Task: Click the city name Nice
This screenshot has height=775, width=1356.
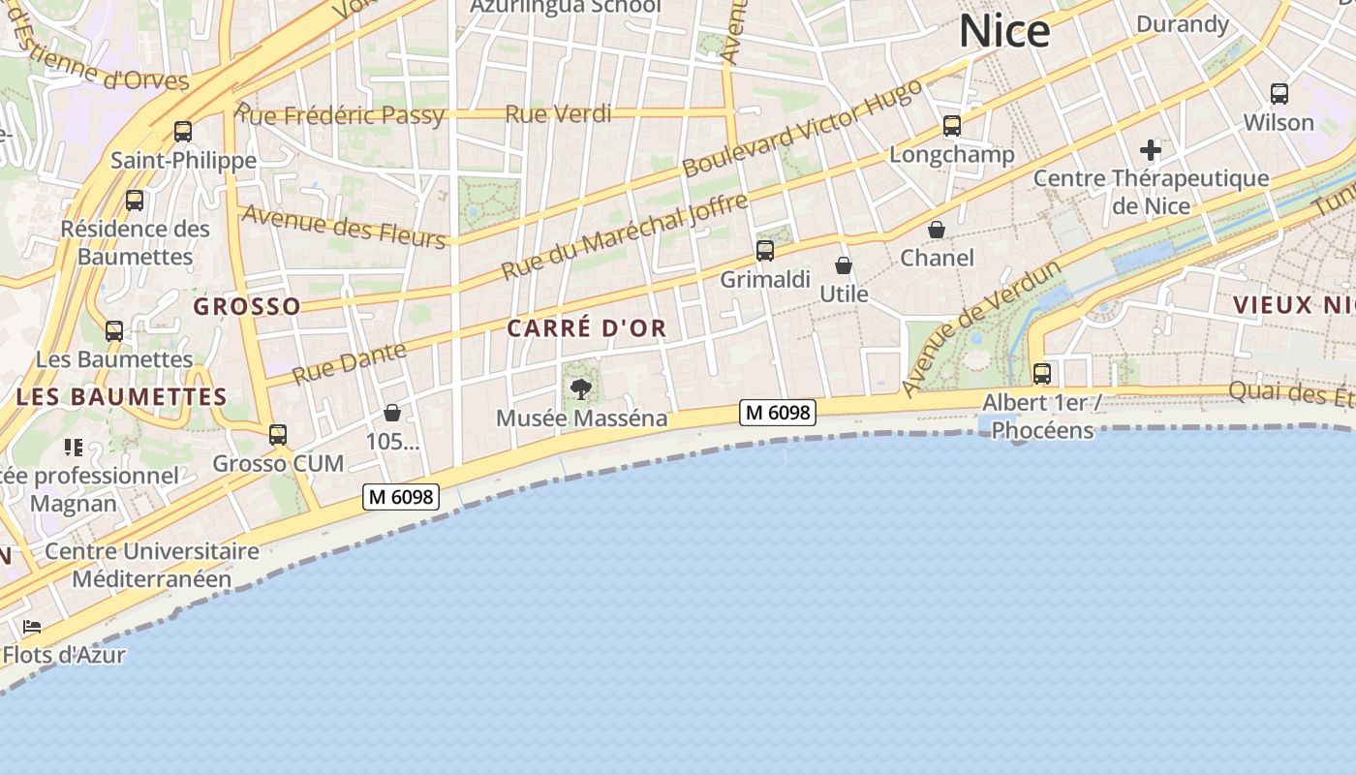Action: pos(1004,31)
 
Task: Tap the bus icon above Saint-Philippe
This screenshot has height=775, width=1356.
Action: pos(183,132)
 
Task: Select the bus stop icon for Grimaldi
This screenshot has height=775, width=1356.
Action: pos(765,252)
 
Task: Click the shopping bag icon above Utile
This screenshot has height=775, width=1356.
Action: pos(844,265)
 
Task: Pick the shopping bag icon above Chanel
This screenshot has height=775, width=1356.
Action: pos(937,230)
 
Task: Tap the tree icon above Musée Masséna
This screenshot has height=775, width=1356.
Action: pos(581,389)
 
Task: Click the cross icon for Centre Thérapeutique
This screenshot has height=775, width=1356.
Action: pos(1151,150)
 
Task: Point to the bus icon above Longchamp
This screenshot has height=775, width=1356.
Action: pos(952,126)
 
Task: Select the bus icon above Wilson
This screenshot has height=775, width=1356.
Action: pos(1279,94)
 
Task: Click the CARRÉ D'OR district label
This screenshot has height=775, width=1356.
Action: pos(587,328)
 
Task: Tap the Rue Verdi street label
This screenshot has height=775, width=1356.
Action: pos(558,114)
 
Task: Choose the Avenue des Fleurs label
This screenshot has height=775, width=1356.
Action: pos(343,226)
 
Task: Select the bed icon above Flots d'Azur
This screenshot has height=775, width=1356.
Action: pos(32,627)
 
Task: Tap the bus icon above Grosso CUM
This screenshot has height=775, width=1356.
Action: pos(278,435)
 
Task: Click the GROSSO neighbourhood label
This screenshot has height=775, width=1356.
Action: pos(247,307)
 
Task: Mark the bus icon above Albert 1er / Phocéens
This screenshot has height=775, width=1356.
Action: pos(1042,373)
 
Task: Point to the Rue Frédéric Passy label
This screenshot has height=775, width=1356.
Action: pos(340,115)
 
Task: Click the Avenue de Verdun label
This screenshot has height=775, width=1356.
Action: pos(981,327)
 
